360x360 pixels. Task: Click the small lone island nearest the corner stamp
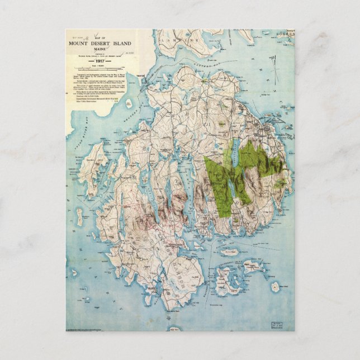[x=275, y=287]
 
